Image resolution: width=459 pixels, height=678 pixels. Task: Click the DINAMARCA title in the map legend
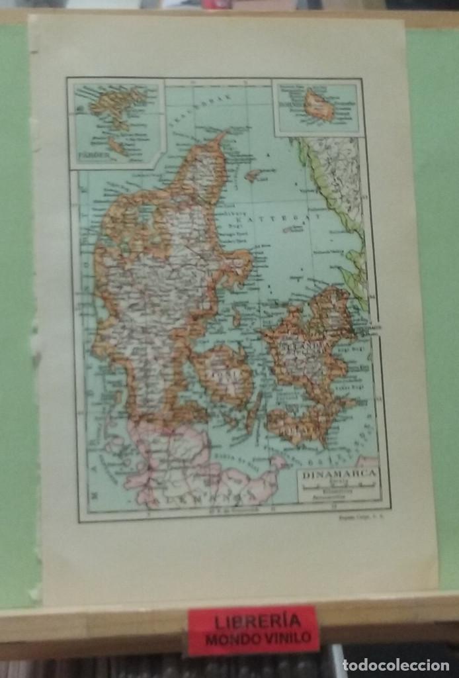339,474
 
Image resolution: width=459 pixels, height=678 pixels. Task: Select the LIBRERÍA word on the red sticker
253,622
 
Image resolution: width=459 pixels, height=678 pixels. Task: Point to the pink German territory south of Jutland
179,463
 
